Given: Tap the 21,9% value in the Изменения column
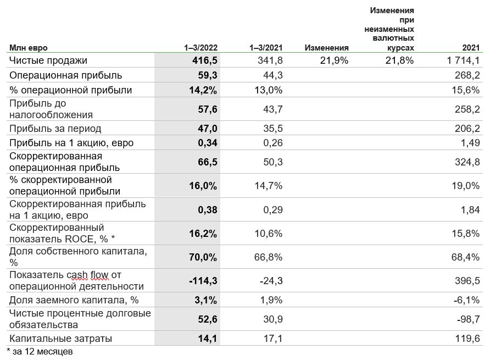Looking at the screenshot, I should pos(334,60).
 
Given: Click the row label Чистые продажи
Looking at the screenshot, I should pos(48,60).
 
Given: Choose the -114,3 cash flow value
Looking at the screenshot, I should pos(202,281).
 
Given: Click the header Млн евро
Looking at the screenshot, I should pos(32,48).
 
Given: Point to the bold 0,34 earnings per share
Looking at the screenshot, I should pos(207,143).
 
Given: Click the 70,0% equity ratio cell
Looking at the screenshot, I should pos(204,257).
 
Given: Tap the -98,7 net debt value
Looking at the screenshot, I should pos(467,319).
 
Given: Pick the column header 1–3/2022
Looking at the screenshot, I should pos(200,48).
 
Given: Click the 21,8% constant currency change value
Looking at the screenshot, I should pos(399,60).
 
